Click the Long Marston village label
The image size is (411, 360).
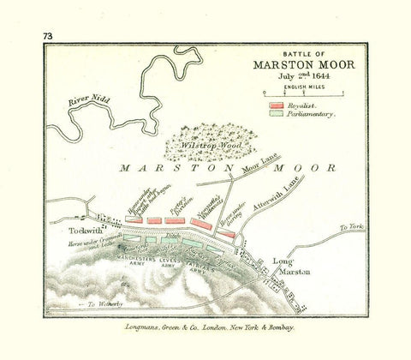289,266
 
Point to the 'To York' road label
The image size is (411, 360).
353,228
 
